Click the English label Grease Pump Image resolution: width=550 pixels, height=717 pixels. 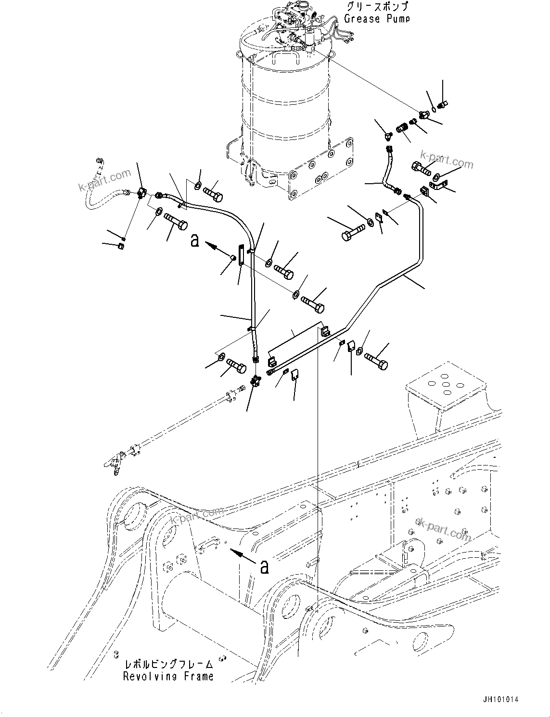tap(377, 19)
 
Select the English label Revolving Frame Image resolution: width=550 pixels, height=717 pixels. tap(168, 677)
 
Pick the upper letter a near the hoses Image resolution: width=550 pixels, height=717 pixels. tap(195, 240)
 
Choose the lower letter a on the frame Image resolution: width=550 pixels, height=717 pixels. tap(264, 567)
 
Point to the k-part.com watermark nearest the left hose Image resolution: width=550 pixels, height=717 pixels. tap(104, 180)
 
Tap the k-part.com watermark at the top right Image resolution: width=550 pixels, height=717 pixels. tap(446, 160)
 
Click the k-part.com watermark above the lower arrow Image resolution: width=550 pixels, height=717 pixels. tap(198, 519)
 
